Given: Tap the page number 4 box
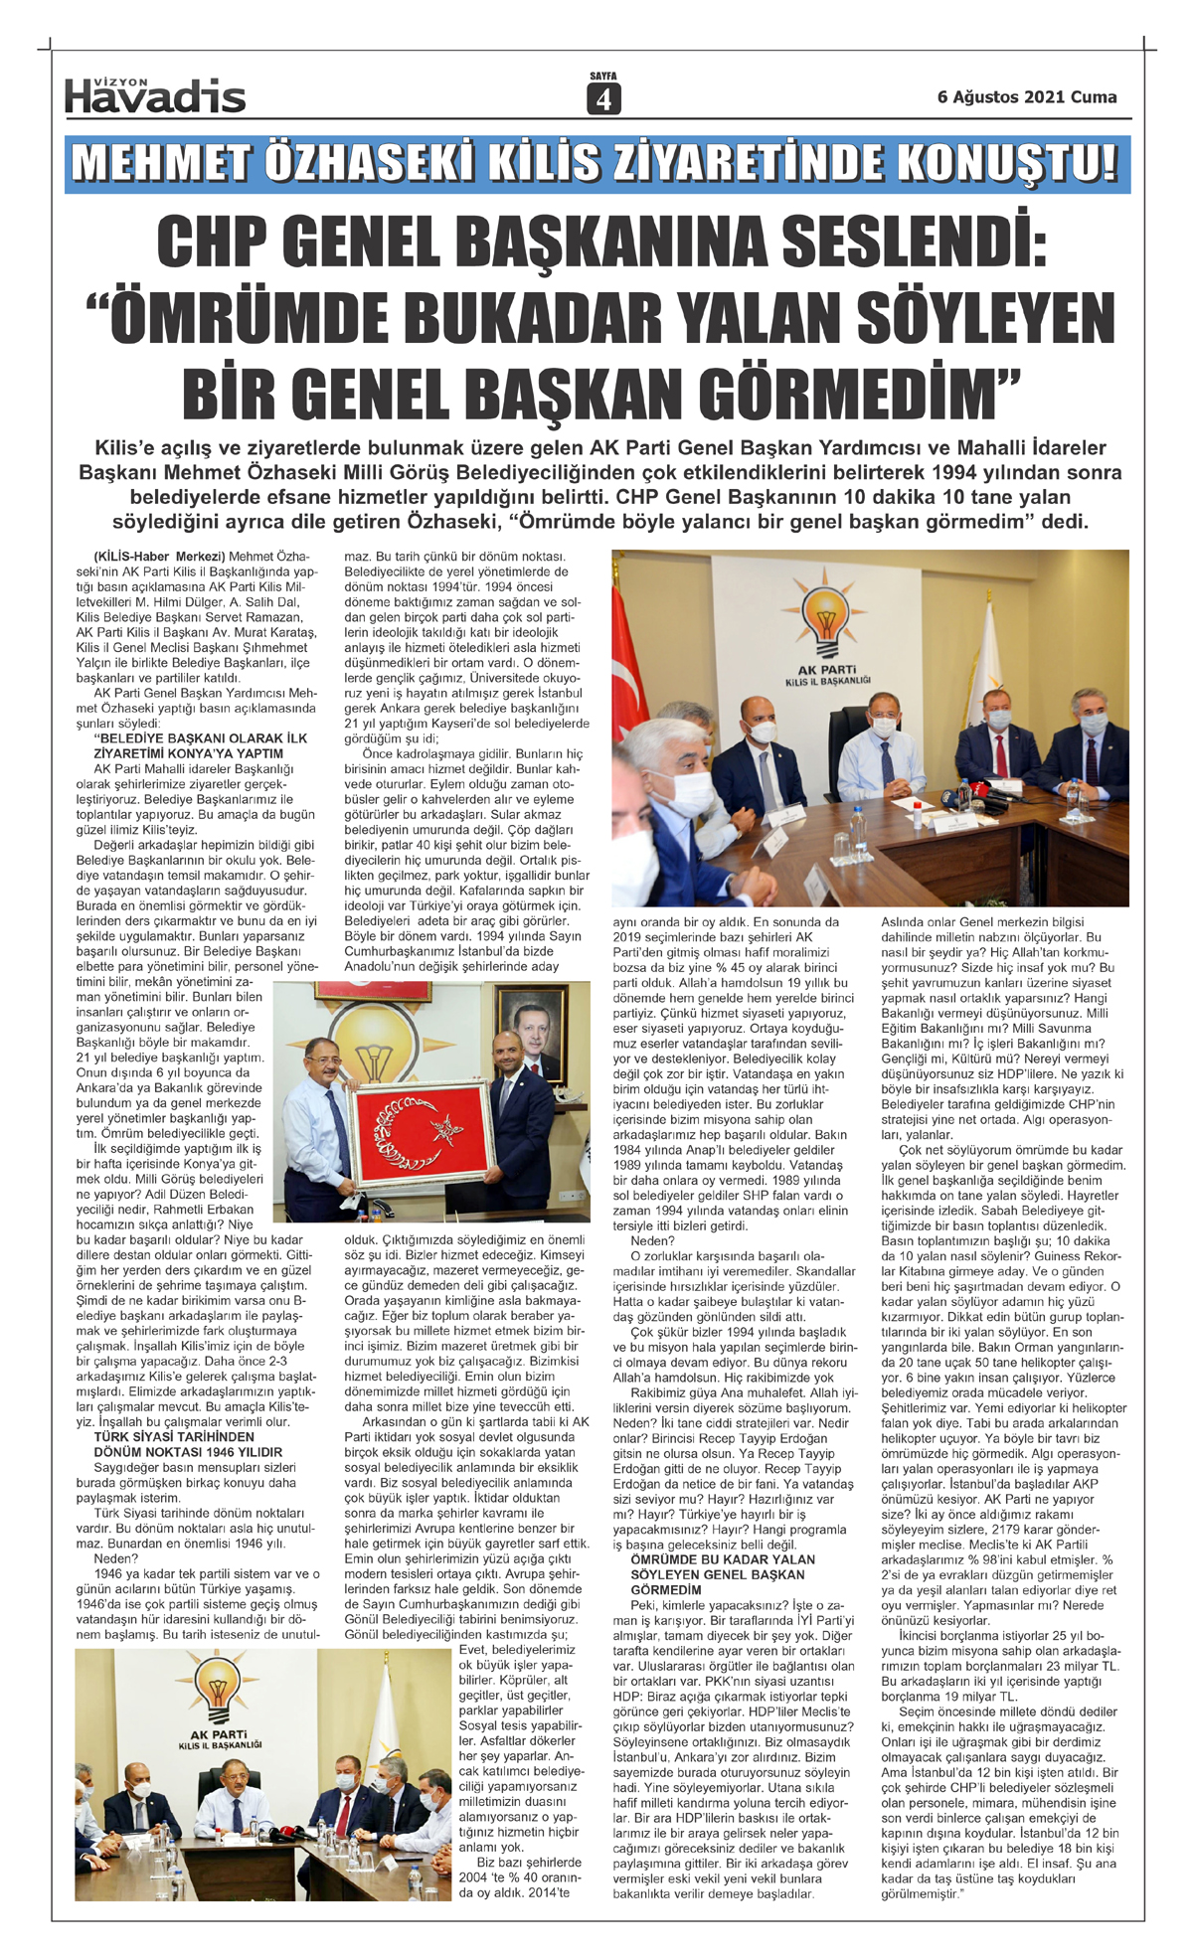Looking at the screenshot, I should click(x=603, y=99).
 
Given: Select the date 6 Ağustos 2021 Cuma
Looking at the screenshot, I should click(x=1027, y=97).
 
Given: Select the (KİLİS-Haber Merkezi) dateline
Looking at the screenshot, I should click(x=160, y=556).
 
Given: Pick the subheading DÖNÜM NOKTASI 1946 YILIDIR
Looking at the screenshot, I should click(x=189, y=1452).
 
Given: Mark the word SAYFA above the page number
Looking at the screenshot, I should click(x=603, y=76).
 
